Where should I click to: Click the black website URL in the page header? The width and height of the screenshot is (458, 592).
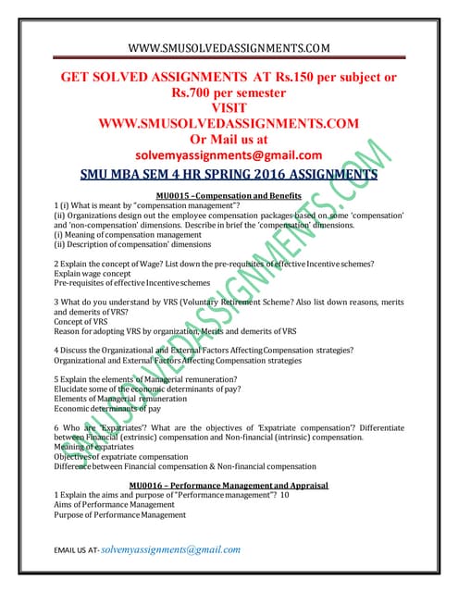229,46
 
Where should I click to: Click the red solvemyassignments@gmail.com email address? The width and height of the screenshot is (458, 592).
229,154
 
